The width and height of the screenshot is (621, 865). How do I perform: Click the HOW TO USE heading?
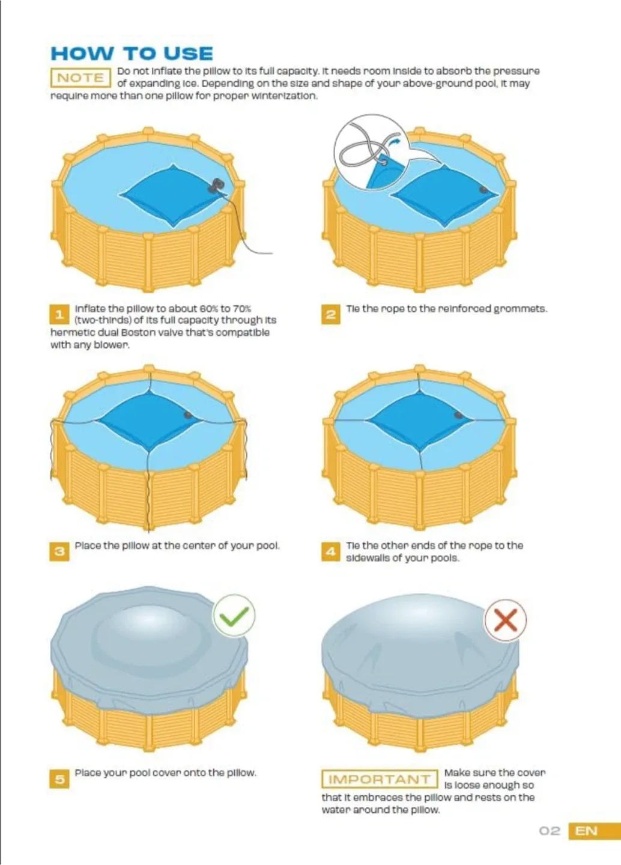[132, 53]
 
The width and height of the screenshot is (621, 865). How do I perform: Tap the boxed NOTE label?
[80, 78]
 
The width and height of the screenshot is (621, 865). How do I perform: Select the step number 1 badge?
[59, 314]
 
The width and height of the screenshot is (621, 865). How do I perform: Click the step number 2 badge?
[330, 314]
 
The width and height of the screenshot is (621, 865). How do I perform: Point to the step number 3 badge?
[59, 551]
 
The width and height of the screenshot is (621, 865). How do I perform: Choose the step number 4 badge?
[330, 551]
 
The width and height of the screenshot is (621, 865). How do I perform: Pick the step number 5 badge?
[59, 779]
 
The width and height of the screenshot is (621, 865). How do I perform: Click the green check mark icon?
[234, 616]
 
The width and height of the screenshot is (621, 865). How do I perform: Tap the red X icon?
[505, 620]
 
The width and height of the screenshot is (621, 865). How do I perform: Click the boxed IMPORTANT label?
[380, 779]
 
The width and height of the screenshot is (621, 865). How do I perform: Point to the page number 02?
[550, 831]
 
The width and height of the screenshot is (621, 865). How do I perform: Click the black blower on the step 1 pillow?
[215, 186]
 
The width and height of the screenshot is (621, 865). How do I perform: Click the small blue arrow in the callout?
[394, 142]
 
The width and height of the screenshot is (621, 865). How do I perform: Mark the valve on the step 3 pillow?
[188, 415]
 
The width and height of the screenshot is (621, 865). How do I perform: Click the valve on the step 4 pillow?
[459, 415]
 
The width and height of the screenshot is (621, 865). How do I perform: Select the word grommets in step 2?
[520, 309]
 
